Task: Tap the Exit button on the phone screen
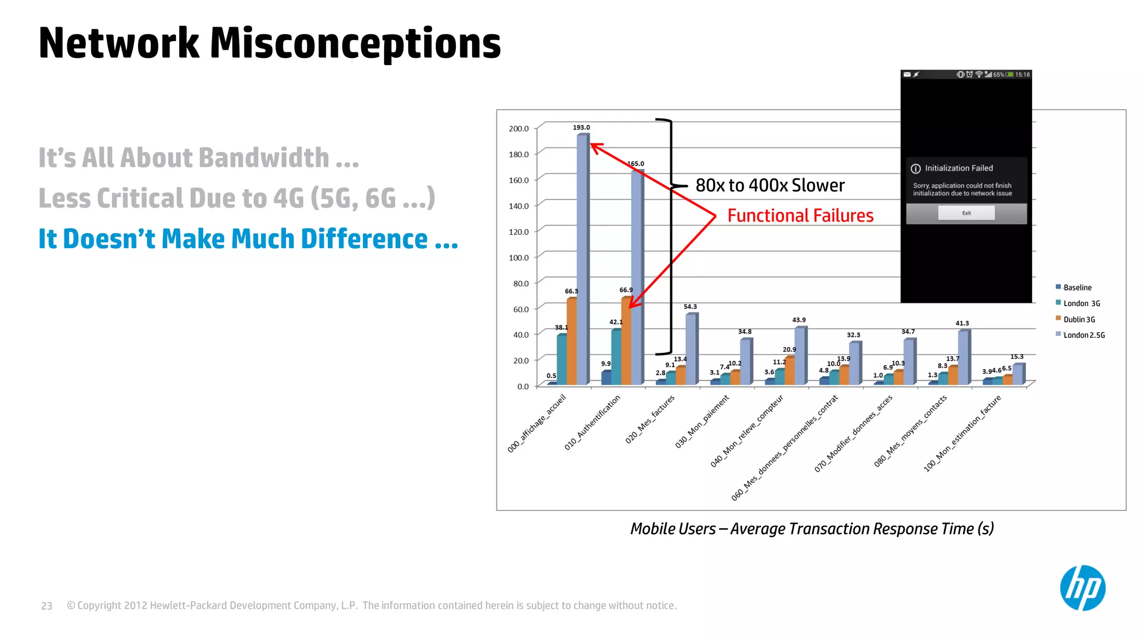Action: [966, 213]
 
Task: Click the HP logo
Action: [1082, 588]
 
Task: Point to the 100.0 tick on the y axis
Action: [519, 258]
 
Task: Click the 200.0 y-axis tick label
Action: [519, 129]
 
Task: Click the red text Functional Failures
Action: [800, 216]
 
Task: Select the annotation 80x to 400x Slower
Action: [770, 185]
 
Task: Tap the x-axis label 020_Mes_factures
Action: [650, 419]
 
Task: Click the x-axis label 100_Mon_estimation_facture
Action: [962, 433]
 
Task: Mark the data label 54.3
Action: [690, 307]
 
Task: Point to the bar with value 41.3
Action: [962, 357]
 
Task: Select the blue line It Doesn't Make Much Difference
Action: [248, 239]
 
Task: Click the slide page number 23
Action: [47, 606]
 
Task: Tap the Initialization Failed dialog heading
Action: [959, 168]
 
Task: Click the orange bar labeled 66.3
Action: [572, 341]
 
